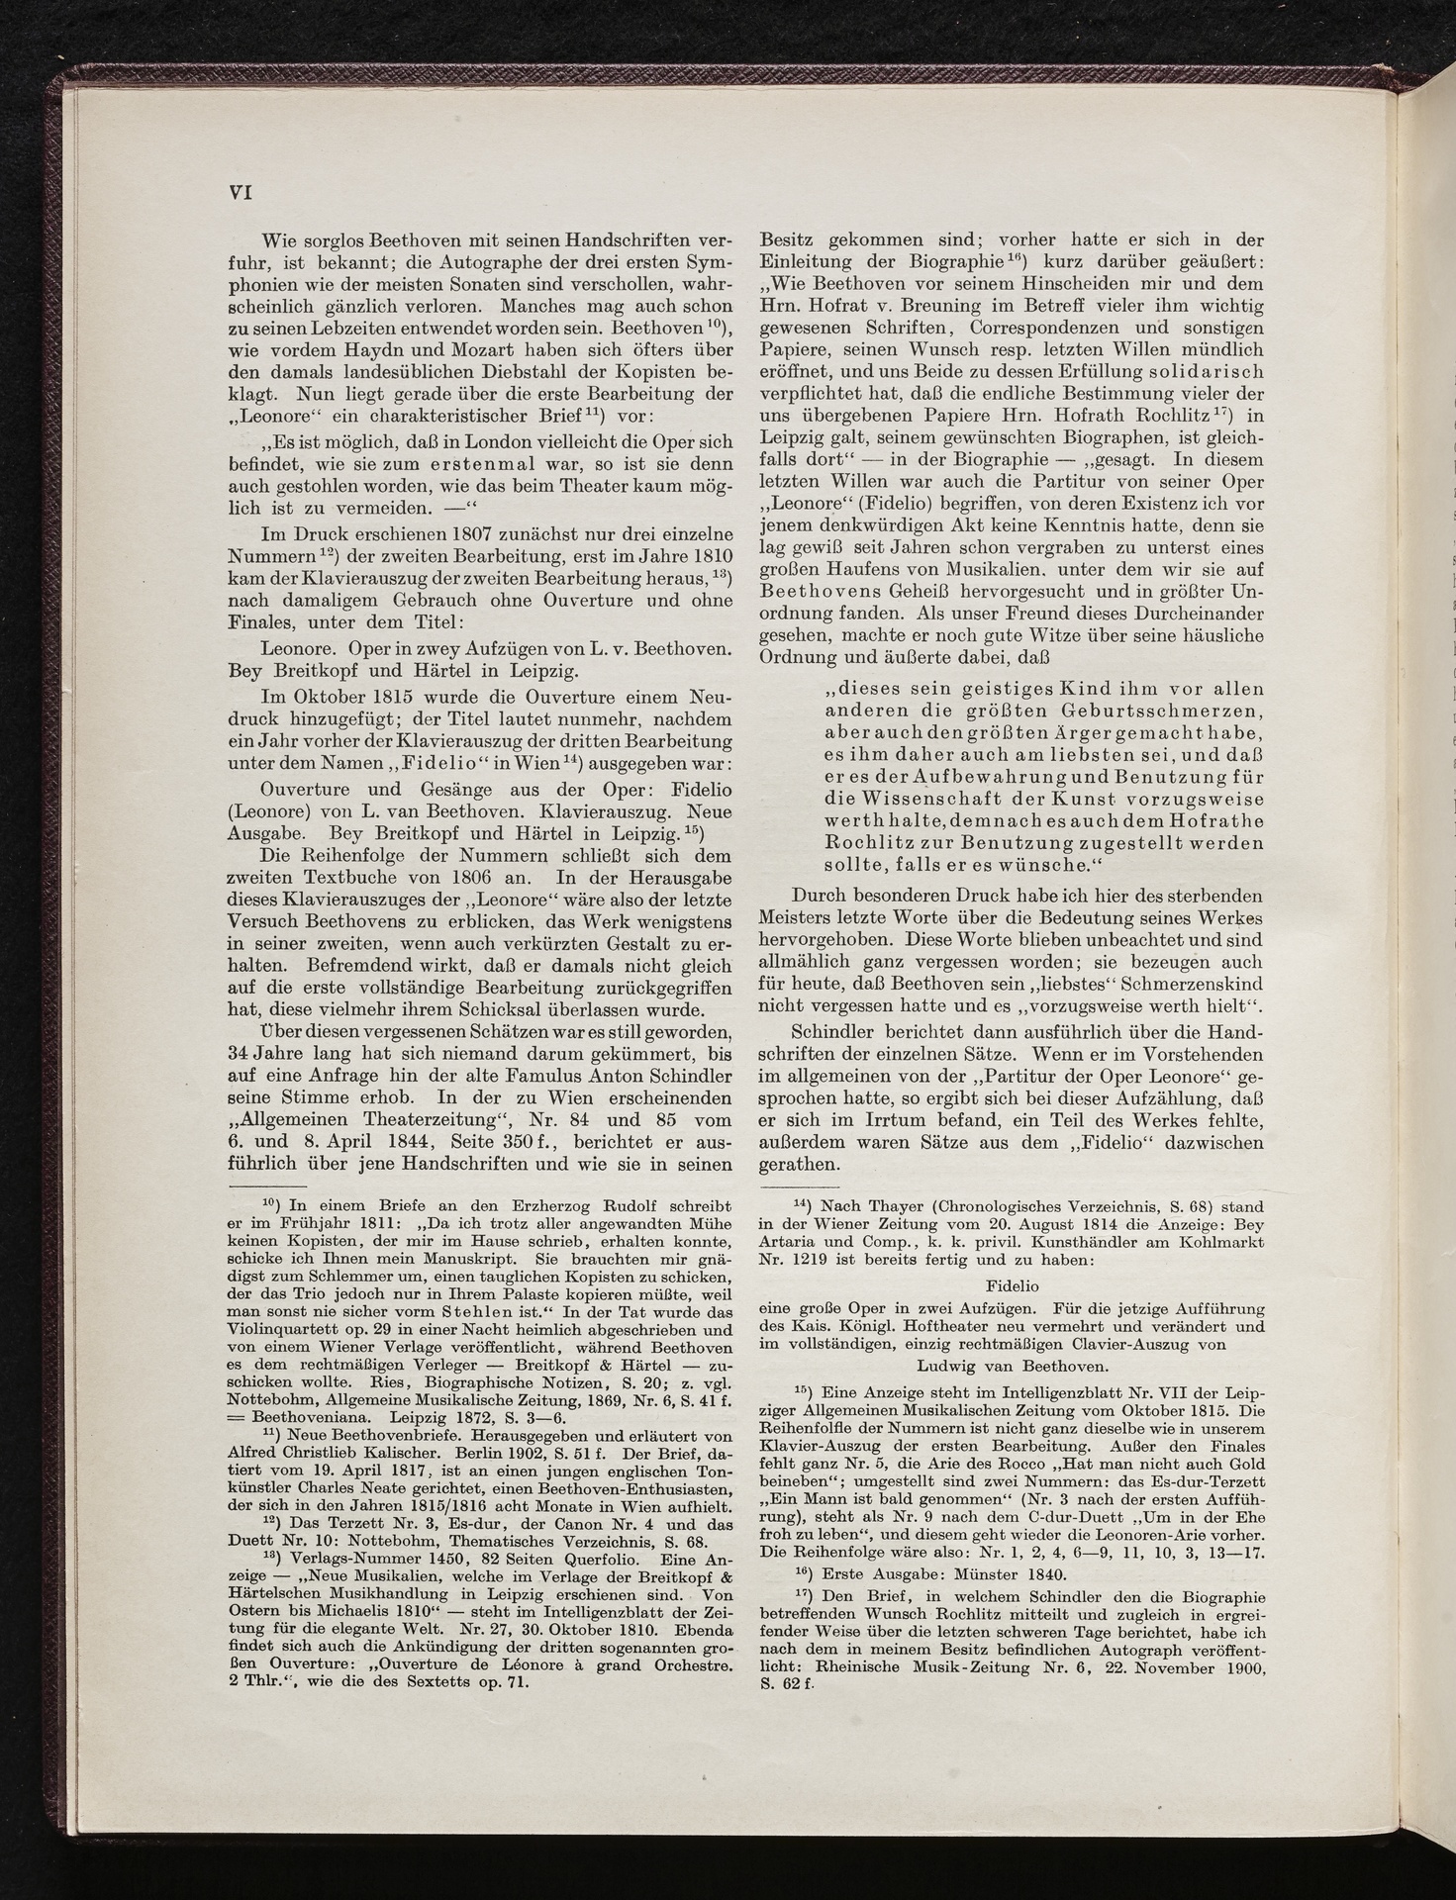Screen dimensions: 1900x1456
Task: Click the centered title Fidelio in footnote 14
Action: (1013, 1286)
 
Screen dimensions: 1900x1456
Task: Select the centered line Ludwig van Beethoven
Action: (1013, 1366)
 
